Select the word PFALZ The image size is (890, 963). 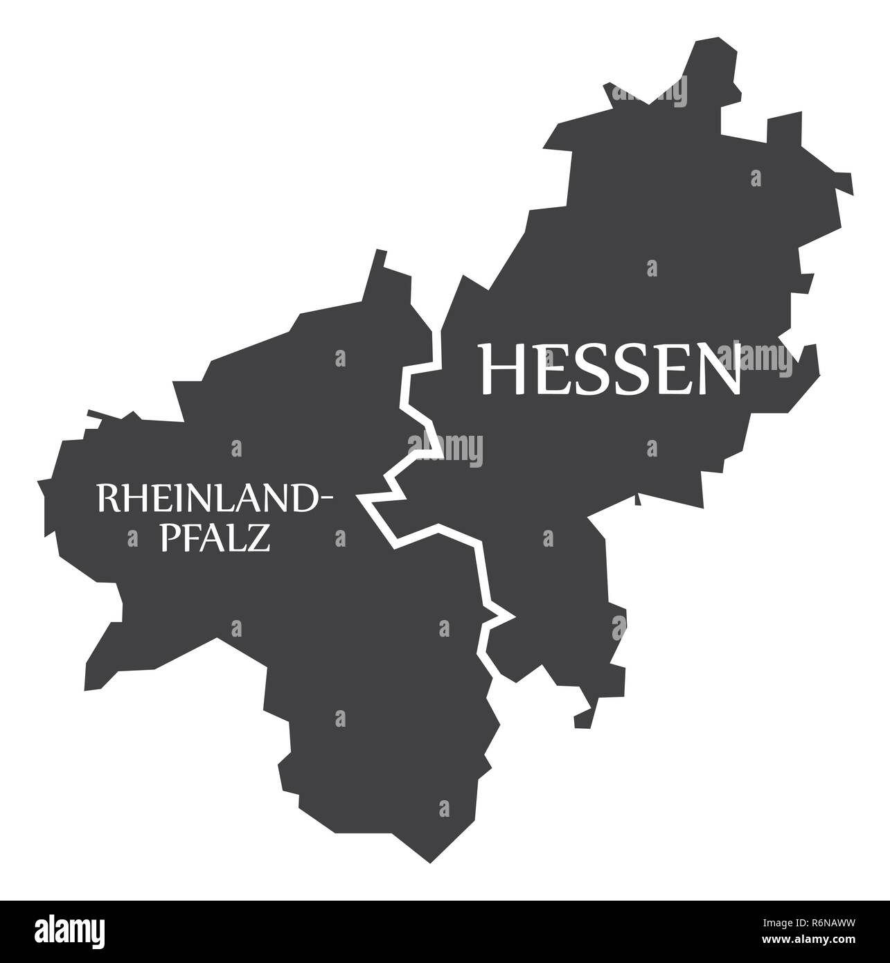pos(215,538)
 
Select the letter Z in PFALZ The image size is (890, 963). pos(258,538)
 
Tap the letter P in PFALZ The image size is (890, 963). pos(170,538)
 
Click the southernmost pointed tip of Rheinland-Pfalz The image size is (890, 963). pos(430,861)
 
